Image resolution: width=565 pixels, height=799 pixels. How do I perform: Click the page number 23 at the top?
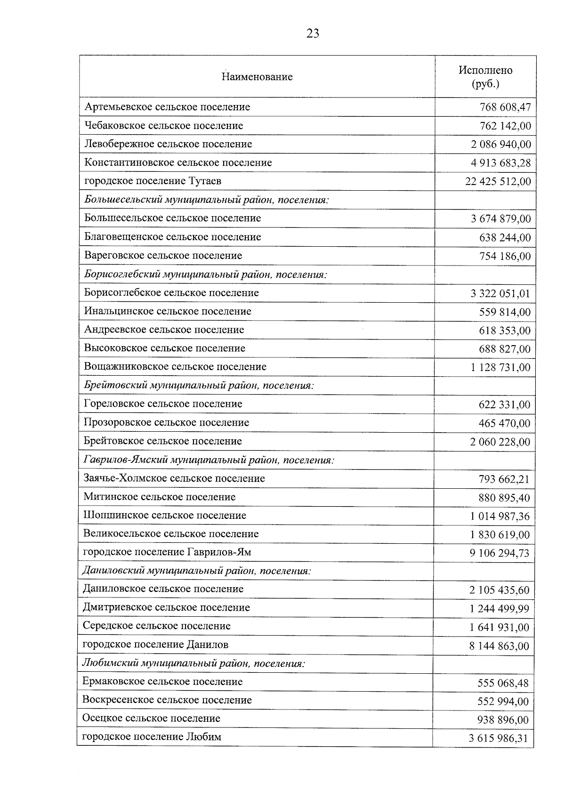point(312,33)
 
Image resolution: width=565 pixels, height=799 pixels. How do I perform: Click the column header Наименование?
point(257,77)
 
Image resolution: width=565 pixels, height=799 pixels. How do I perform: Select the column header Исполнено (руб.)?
point(485,77)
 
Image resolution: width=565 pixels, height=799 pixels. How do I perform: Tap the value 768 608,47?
point(505,107)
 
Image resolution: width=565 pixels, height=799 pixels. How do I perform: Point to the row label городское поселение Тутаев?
point(153,181)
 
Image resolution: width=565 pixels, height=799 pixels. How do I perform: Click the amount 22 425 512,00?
point(498,182)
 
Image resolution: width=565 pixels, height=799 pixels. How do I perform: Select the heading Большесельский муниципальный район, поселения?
point(206,200)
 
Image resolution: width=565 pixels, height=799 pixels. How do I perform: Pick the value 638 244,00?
point(505,237)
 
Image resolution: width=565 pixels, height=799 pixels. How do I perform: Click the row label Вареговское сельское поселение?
point(163,256)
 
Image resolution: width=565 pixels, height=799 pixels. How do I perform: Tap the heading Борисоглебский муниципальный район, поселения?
point(205,274)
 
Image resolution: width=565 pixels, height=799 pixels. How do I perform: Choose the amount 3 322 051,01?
point(500,294)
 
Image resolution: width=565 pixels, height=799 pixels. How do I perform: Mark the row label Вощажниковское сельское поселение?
point(175,367)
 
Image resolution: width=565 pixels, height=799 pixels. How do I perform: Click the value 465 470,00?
point(504,423)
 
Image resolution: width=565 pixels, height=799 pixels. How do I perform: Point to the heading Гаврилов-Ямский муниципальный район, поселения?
point(209,460)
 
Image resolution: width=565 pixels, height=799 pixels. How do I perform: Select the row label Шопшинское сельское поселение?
point(165,516)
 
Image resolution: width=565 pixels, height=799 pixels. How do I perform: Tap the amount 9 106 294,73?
point(499,553)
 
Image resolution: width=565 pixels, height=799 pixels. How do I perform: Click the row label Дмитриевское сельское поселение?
point(166,608)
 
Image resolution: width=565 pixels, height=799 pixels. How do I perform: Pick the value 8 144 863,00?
point(499,646)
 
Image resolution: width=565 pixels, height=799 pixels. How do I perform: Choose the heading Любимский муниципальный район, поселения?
point(194,663)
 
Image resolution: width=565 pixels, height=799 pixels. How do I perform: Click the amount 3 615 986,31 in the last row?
point(498,738)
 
